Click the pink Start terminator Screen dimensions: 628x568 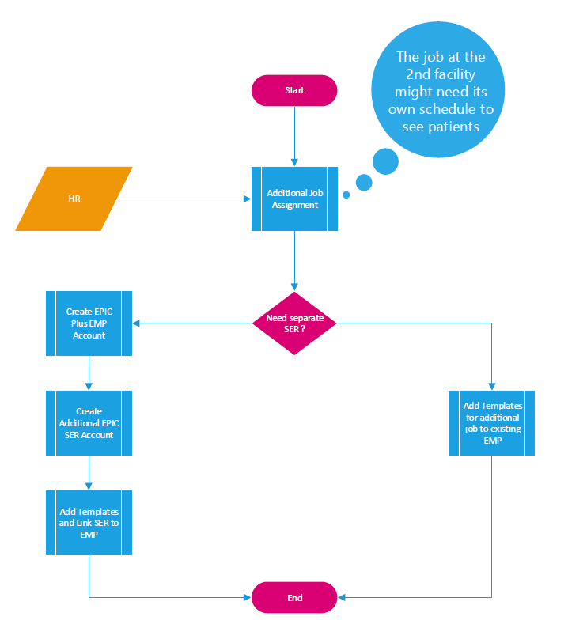tap(294, 90)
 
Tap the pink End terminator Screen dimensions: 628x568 tap(294, 598)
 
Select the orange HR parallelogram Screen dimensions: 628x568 tap(74, 199)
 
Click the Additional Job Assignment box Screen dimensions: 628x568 tap(294, 199)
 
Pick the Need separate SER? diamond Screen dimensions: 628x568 tap(294, 323)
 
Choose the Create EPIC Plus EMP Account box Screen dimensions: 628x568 tap(89, 323)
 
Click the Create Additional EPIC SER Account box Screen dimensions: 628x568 tap(89, 423)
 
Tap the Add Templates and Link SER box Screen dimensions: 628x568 tap(89, 523)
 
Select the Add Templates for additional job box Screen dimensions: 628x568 tap(491, 422)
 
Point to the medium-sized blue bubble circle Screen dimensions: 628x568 tap(385, 161)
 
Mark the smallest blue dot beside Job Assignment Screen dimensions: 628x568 tap(345, 194)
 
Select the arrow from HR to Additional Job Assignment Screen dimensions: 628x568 tap(182, 199)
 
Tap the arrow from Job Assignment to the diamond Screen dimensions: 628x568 tap(294, 261)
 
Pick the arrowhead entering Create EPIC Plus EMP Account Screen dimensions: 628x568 tap(136, 323)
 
